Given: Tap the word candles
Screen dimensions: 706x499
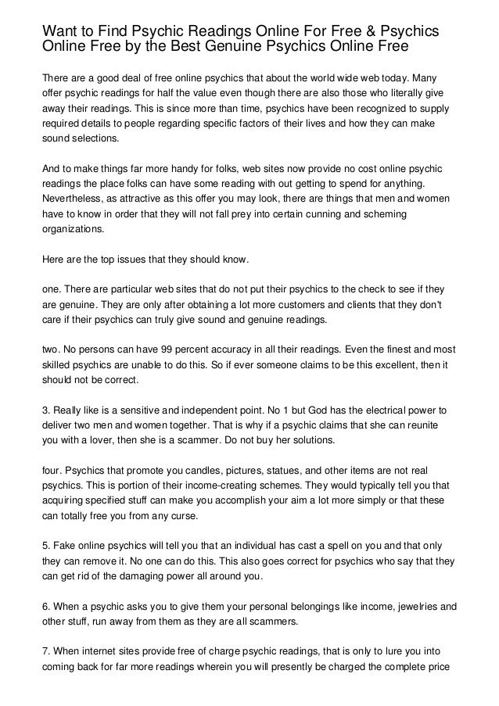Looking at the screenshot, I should [x=198, y=472].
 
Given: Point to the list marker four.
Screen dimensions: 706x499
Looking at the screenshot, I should [x=51, y=472].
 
